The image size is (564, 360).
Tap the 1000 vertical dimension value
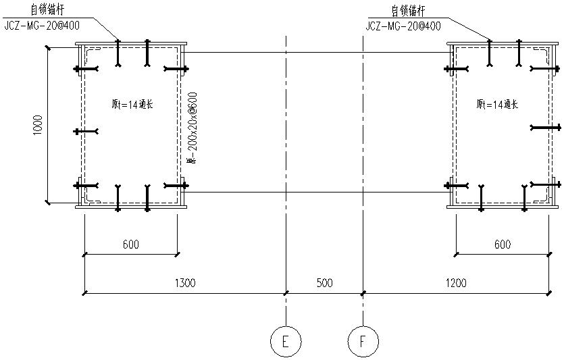(38, 125)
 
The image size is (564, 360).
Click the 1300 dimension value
(184, 284)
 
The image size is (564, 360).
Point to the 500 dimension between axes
(324, 284)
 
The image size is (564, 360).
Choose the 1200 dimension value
(456, 284)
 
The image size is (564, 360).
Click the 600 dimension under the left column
(131, 245)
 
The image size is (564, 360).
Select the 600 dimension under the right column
(502, 245)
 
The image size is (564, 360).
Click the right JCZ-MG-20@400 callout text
(403, 26)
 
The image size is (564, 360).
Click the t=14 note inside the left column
(132, 104)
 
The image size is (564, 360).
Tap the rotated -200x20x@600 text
(193, 128)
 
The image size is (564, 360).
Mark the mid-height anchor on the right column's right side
(545, 127)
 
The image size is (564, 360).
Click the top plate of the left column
(131, 44)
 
